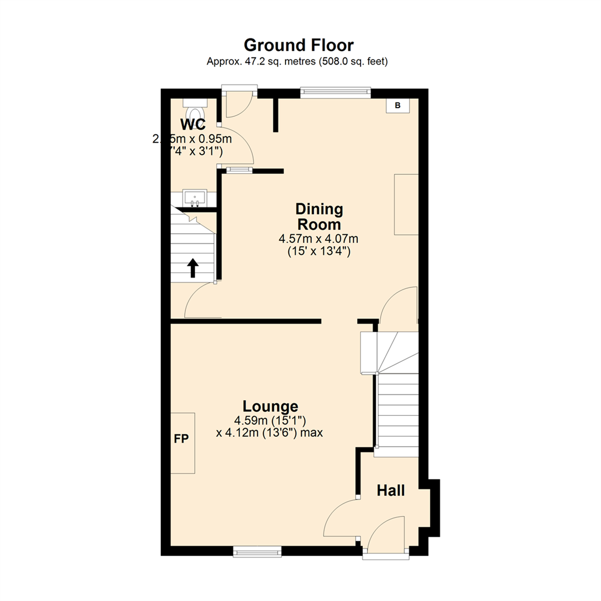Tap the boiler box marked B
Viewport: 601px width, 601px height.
point(397,105)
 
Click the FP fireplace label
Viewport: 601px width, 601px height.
point(181,439)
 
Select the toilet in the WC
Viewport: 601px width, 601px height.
point(194,106)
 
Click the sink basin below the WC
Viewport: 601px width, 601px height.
point(195,197)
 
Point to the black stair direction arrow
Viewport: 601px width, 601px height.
point(193,268)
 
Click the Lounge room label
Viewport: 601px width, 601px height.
point(270,406)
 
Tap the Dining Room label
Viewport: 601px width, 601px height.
point(318,217)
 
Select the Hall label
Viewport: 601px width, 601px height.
point(391,491)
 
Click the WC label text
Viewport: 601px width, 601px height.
point(193,124)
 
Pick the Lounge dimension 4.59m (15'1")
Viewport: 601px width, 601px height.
point(269,420)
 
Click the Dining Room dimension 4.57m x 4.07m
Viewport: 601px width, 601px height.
point(318,239)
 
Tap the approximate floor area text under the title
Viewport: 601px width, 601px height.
point(297,62)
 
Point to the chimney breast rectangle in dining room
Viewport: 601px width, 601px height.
point(406,204)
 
